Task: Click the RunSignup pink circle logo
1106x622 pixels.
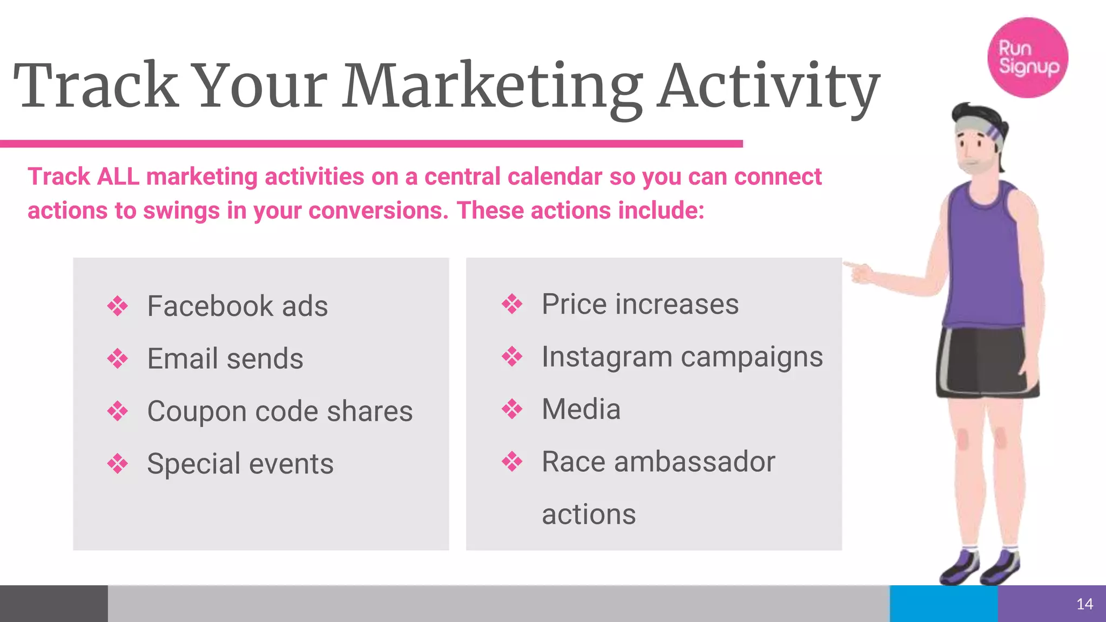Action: [x=1027, y=58]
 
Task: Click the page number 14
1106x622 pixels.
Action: [x=1084, y=604]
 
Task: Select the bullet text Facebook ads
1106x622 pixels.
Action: [x=237, y=306]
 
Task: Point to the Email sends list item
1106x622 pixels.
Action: [x=225, y=359]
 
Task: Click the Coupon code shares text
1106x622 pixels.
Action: [x=279, y=411]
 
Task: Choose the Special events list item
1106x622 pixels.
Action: [x=240, y=464]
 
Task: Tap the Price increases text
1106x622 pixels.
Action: [x=639, y=304]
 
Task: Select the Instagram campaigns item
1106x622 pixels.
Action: [x=682, y=357]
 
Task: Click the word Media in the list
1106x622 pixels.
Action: [x=581, y=409]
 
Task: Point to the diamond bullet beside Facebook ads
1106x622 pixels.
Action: [x=118, y=306]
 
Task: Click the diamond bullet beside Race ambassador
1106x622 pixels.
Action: [x=512, y=462]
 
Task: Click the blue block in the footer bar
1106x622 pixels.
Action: [x=943, y=604]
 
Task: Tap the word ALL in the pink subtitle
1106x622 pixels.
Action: [x=118, y=177]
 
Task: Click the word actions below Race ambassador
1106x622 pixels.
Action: [x=588, y=515]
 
